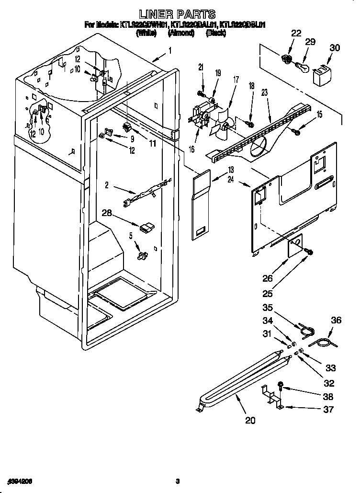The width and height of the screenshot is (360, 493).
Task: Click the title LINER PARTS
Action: click(x=177, y=14)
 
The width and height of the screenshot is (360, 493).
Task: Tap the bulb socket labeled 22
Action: click(x=286, y=59)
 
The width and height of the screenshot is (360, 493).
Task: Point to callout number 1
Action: click(x=169, y=50)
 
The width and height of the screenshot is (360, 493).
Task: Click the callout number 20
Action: click(x=250, y=421)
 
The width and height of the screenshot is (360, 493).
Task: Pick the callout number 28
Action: click(x=107, y=213)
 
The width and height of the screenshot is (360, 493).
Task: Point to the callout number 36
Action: click(x=336, y=321)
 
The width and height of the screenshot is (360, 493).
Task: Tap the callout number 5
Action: click(x=131, y=236)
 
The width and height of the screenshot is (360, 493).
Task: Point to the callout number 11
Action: click(x=152, y=143)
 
